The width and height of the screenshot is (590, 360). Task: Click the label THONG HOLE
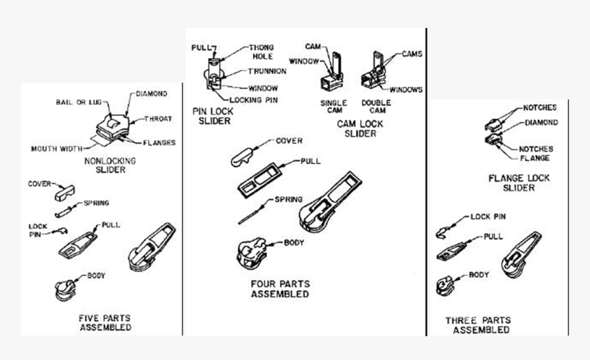(x=261, y=53)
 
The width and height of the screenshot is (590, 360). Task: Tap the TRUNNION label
(x=262, y=72)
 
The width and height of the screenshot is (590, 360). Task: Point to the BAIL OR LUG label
(x=78, y=102)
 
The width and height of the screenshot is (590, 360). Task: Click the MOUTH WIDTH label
(x=57, y=148)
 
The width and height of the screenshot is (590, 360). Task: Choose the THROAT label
(x=157, y=118)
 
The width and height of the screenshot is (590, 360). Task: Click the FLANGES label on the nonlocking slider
(x=160, y=143)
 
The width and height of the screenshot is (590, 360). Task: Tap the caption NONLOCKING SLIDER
(x=109, y=165)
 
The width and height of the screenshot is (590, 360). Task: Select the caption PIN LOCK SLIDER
(x=212, y=116)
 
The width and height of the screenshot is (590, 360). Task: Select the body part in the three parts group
(x=445, y=285)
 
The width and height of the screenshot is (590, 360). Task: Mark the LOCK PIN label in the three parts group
(x=488, y=217)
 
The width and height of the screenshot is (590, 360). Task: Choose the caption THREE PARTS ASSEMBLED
(x=477, y=325)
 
